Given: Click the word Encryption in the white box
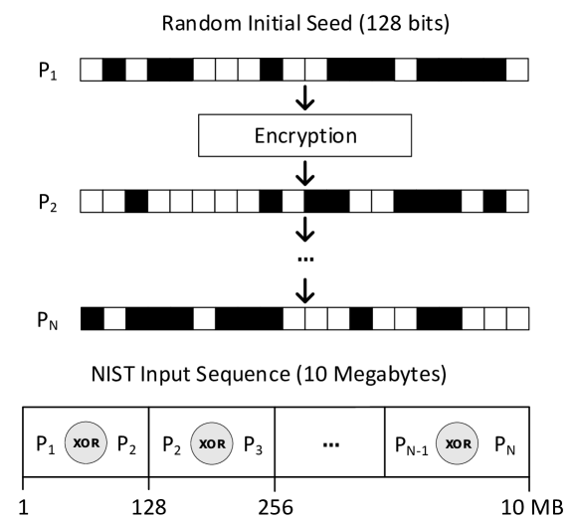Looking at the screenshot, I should (304, 136).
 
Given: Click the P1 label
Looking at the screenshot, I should (44, 444).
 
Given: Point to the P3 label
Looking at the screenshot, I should (251, 444).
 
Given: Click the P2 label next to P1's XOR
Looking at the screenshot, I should (125, 444).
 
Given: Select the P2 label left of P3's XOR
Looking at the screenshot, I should (170, 444).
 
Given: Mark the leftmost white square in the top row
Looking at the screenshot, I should (92, 70).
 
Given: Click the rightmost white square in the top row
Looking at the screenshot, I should (516, 70).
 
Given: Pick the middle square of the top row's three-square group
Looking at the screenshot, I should (226, 70).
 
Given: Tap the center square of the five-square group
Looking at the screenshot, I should (203, 201).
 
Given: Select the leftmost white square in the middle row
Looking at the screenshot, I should (92, 201).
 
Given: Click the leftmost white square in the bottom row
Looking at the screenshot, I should (114, 318).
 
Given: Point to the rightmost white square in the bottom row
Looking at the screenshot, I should (516, 318).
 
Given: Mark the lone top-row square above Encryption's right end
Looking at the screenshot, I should (405, 70).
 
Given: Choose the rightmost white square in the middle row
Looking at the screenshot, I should (516, 201).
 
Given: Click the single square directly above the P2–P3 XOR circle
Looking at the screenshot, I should (204, 318).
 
